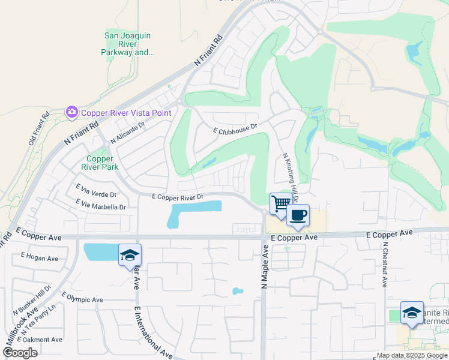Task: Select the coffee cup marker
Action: pyautogui.click(x=298, y=215)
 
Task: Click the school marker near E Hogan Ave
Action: pyautogui.click(x=130, y=256)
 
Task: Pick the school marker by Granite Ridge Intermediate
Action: pyautogui.click(x=412, y=313)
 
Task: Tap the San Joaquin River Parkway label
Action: pyautogui.click(x=128, y=44)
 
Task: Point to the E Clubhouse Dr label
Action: pyautogui.click(x=235, y=127)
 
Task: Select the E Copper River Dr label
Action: pyautogui.click(x=178, y=196)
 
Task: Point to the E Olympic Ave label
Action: pyautogui.click(x=82, y=298)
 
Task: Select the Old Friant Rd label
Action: pyautogui.click(x=38, y=130)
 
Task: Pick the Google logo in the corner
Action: pyautogui.click(x=20, y=353)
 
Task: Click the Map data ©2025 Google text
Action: pyautogui.click(x=412, y=355)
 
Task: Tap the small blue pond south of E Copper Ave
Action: pyautogui.click(x=238, y=292)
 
